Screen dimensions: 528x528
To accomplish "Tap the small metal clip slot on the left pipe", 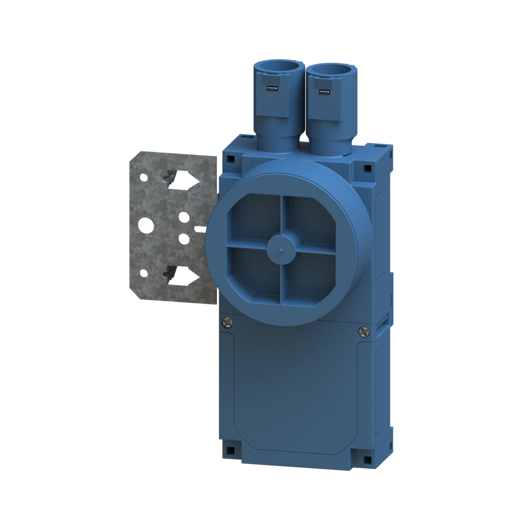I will (x=271, y=88).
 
